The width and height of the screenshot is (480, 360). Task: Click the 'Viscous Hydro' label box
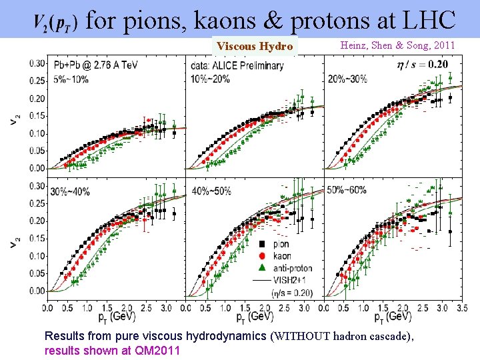(x=254, y=46)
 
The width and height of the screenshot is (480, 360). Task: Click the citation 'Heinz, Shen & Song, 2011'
(x=397, y=45)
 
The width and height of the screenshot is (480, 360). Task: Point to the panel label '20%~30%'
(x=347, y=78)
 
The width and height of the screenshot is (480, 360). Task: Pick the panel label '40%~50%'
(x=211, y=191)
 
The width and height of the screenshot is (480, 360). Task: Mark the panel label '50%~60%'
(x=347, y=190)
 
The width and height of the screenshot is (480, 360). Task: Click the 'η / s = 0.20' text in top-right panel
(x=422, y=65)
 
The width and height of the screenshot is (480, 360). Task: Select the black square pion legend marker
(x=262, y=244)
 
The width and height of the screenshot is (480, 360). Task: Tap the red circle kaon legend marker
(x=262, y=256)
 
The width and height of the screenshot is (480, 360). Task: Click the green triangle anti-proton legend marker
(x=262, y=268)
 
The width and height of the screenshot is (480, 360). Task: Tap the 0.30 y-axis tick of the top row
(x=37, y=63)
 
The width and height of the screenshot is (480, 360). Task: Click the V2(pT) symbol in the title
(x=56, y=23)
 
